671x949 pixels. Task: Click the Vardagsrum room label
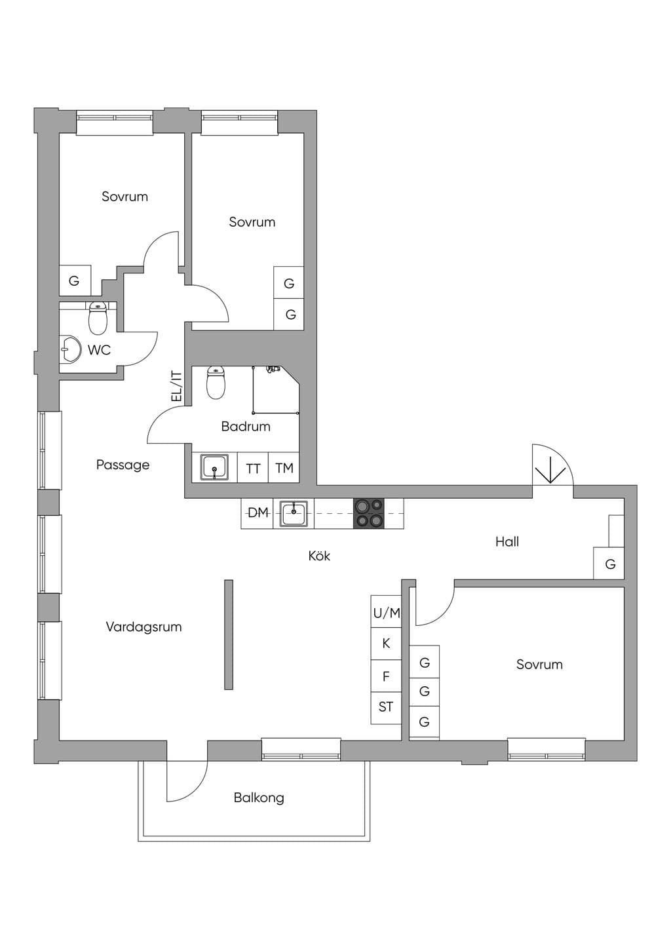144,627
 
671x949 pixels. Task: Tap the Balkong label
259,798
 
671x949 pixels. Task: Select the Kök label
319,555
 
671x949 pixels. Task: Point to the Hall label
507,541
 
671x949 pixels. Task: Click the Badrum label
246,426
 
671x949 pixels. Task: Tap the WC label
99,350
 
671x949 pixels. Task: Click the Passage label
123,465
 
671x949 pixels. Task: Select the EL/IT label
176,387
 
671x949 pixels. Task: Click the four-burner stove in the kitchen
368,513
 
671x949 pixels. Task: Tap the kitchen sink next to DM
294,513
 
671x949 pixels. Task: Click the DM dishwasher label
258,513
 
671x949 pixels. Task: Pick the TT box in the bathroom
253,467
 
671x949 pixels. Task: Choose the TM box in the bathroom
284,467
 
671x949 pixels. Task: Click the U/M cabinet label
387,613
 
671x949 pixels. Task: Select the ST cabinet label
385,707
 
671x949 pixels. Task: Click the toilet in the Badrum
216,383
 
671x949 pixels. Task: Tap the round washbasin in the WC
70,349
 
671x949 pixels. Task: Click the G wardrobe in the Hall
609,563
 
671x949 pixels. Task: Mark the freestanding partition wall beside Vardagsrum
228,634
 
